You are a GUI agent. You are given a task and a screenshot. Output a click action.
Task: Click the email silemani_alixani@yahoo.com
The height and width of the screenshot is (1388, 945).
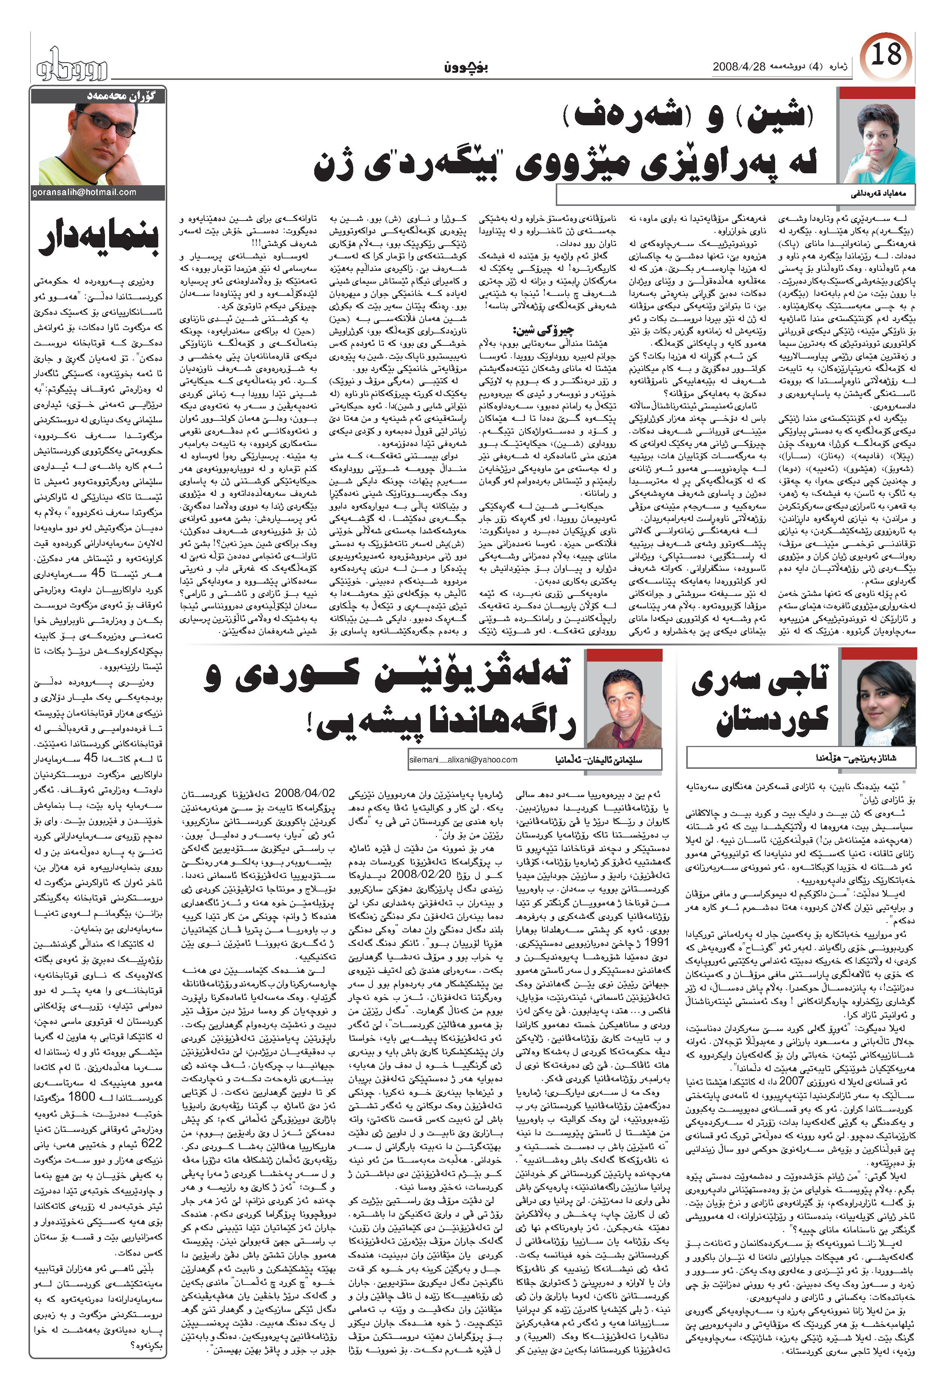(463, 760)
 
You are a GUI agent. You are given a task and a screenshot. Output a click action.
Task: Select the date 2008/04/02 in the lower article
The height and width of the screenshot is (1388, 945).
(304, 793)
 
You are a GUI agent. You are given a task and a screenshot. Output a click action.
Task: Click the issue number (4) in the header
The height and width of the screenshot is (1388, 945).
(815, 67)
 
